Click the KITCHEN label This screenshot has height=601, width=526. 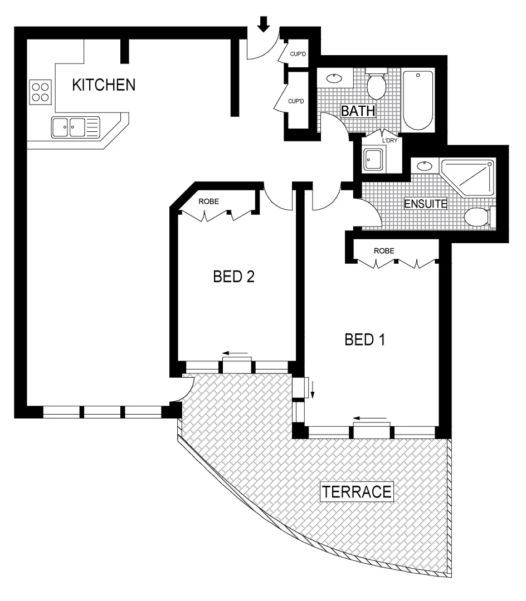(x=104, y=85)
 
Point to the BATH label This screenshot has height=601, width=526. (x=358, y=111)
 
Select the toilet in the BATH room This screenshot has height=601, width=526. (x=377, y=83)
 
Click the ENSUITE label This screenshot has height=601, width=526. (x=425, y=204)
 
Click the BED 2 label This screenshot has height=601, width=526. (x=234, y=277)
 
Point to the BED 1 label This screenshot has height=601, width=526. (x=366, y=339)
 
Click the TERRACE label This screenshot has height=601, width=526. (x=357, y=492)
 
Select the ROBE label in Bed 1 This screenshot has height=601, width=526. (x=384, y=251)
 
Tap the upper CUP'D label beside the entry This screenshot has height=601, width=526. (x=296, y=55)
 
